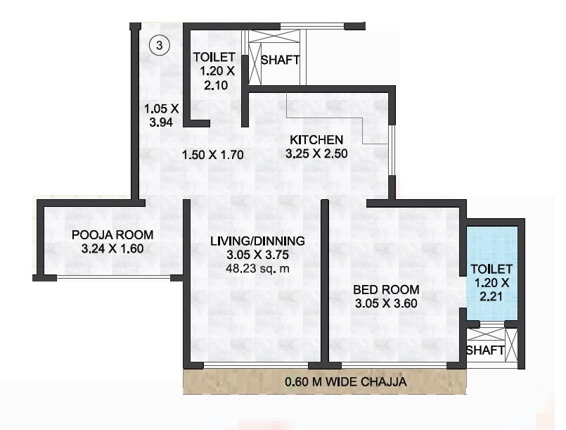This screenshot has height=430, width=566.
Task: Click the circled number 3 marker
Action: tap(160, 46)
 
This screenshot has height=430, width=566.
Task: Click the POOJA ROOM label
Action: tap(112, 235)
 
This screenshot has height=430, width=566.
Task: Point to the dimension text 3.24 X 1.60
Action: tap(112, 248)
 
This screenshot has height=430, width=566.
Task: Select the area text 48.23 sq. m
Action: tap(257, 268)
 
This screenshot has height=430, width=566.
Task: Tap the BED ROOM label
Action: tap(386, 289)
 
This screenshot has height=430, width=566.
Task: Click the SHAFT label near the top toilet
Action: tap(280, 60)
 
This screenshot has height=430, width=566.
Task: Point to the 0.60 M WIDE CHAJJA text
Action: tap(324, 383)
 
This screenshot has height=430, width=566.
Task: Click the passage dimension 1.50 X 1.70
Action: tap(212, 156)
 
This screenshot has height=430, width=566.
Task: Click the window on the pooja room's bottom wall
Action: tap(112, 277)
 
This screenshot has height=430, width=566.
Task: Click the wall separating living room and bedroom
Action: tap(325, 282)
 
